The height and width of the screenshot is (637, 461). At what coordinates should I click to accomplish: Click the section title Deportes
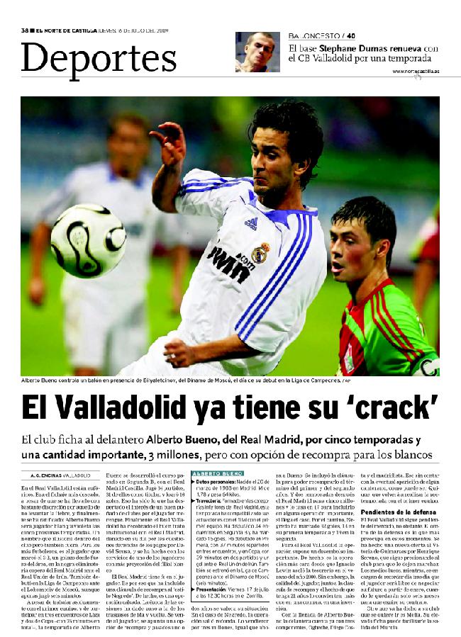[99, 58]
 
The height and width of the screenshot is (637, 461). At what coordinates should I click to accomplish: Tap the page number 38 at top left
[25, 30]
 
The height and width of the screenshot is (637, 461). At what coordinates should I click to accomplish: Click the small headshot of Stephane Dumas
[257, 52]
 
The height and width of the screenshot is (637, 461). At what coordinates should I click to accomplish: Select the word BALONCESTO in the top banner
[313, 35]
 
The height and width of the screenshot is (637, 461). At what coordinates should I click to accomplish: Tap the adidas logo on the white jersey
[250, 223]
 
